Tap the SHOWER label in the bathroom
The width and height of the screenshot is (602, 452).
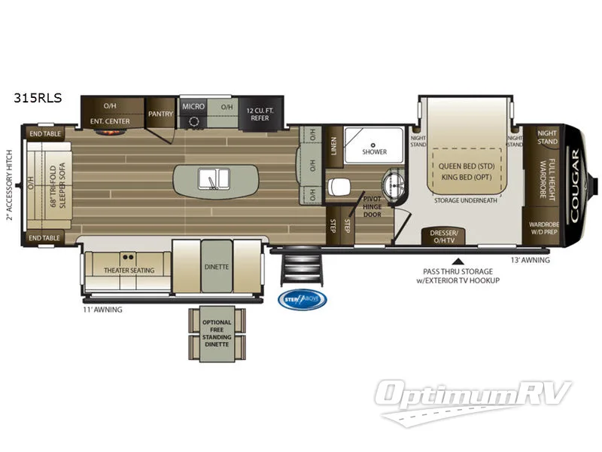374,151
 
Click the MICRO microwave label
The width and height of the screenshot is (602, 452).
194,107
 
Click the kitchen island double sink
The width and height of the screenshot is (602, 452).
214,179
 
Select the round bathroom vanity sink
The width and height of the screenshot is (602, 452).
393,185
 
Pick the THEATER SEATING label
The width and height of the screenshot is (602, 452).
129,270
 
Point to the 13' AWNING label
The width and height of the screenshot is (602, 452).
530,261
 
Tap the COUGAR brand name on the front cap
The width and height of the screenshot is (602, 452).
575,183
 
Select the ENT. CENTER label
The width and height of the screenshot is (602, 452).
111,121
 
